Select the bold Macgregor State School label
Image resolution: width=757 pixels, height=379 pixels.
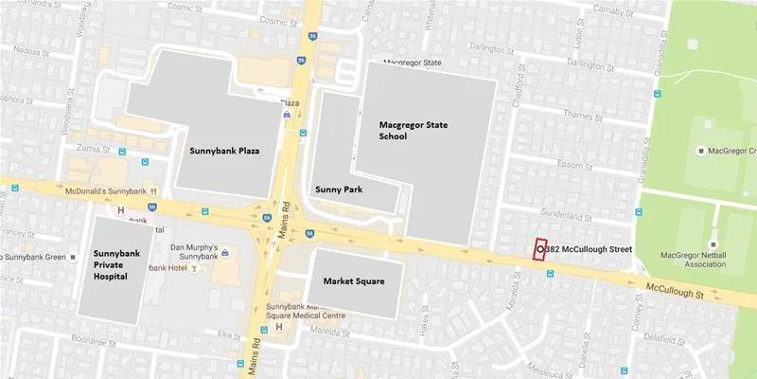pyautogui.click(x=419, y=130)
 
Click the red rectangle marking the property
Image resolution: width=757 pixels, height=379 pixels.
pyautogui.click(x=540, y=248)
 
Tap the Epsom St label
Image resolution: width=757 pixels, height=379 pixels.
pyautogui.click(x=587, y=162)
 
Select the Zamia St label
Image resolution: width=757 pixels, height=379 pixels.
pyautogui.click(x=94, y=150)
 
